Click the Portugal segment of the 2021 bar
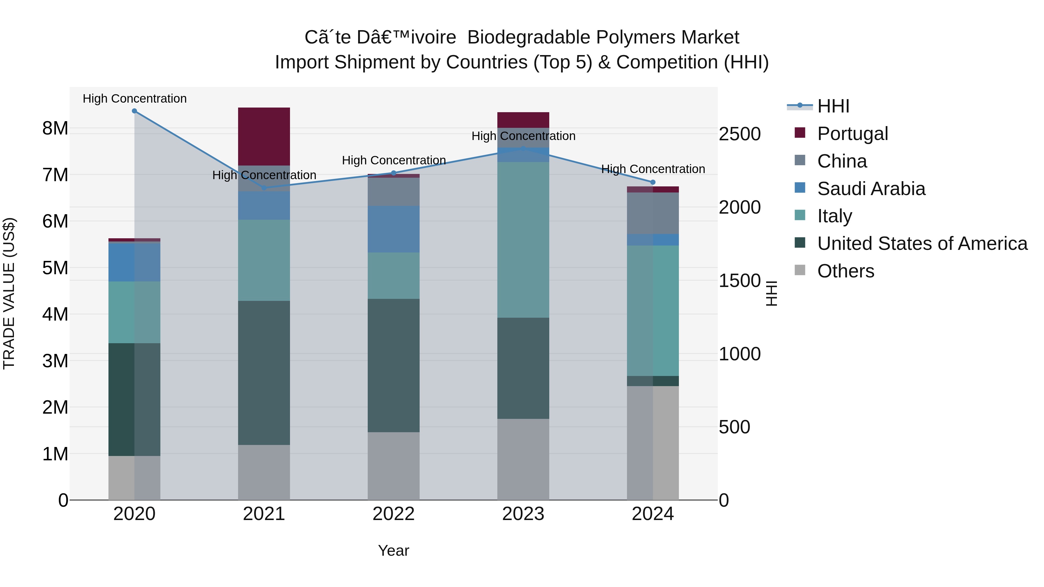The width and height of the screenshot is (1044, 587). pyautogui.click(x=264, y=136)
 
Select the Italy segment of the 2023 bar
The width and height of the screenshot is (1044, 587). pyautogui.click(x=523, y=239)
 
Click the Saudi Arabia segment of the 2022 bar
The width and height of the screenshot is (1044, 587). pyautogui.click(x=393, y=229)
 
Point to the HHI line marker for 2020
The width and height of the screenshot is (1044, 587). pyautogui.click(x=135, y=111)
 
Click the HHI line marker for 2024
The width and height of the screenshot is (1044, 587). pyautogui.click(x=652, y=182)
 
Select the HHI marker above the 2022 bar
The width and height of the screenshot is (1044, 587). pyautogui.click(x=393, y=173)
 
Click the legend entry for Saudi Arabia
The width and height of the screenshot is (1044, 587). pyautogui.click(x=871, y=189)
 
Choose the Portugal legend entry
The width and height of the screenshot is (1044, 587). pyautogui.click(x=852, y=134)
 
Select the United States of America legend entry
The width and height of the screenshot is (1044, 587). pyautogui.click(x=922, y=243)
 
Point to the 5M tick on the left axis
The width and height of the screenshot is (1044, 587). pyautogui.click(x=55, y=268)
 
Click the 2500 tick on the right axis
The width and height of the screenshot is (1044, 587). pyautogui.click(x=739, y=134)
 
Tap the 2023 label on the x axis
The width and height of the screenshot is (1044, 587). pyautogui.click(x=523, y=514)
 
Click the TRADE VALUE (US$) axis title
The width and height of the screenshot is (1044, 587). pyautogui.click(x=9, y=294)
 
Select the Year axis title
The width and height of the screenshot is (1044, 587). pyautogui.click(x=393, y=550)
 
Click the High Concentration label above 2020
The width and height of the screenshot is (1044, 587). pyautogui.click(x=135, y=99)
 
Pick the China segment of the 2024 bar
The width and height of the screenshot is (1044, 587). pyautogui.click(x=652, y=213)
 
